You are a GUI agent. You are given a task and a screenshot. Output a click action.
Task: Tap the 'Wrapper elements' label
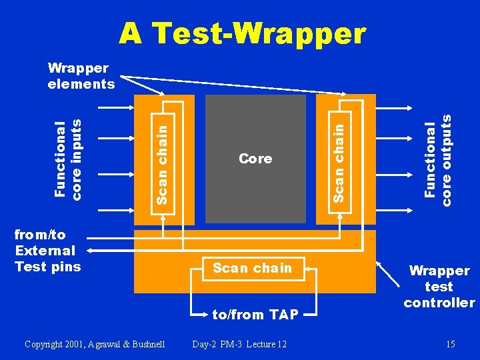[81, 76]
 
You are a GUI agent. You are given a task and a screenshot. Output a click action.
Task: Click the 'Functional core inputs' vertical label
[69, 159]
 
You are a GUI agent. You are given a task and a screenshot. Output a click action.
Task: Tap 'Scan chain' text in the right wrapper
[339, 159]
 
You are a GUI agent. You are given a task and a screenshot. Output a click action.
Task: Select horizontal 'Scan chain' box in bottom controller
[252, 268]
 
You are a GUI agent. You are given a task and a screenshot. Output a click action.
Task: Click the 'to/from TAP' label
[255, 315]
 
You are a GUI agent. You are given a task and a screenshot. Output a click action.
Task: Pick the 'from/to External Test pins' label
[47, 251]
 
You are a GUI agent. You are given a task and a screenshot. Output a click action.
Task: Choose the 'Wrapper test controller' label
[439, 287]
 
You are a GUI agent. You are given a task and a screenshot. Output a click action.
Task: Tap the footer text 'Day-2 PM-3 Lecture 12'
[239, 344]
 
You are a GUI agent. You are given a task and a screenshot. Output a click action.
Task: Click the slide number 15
[451, 344]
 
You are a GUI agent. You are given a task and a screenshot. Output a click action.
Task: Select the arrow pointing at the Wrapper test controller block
[387, 273]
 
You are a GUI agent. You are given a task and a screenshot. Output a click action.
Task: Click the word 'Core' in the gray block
[255, 159]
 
